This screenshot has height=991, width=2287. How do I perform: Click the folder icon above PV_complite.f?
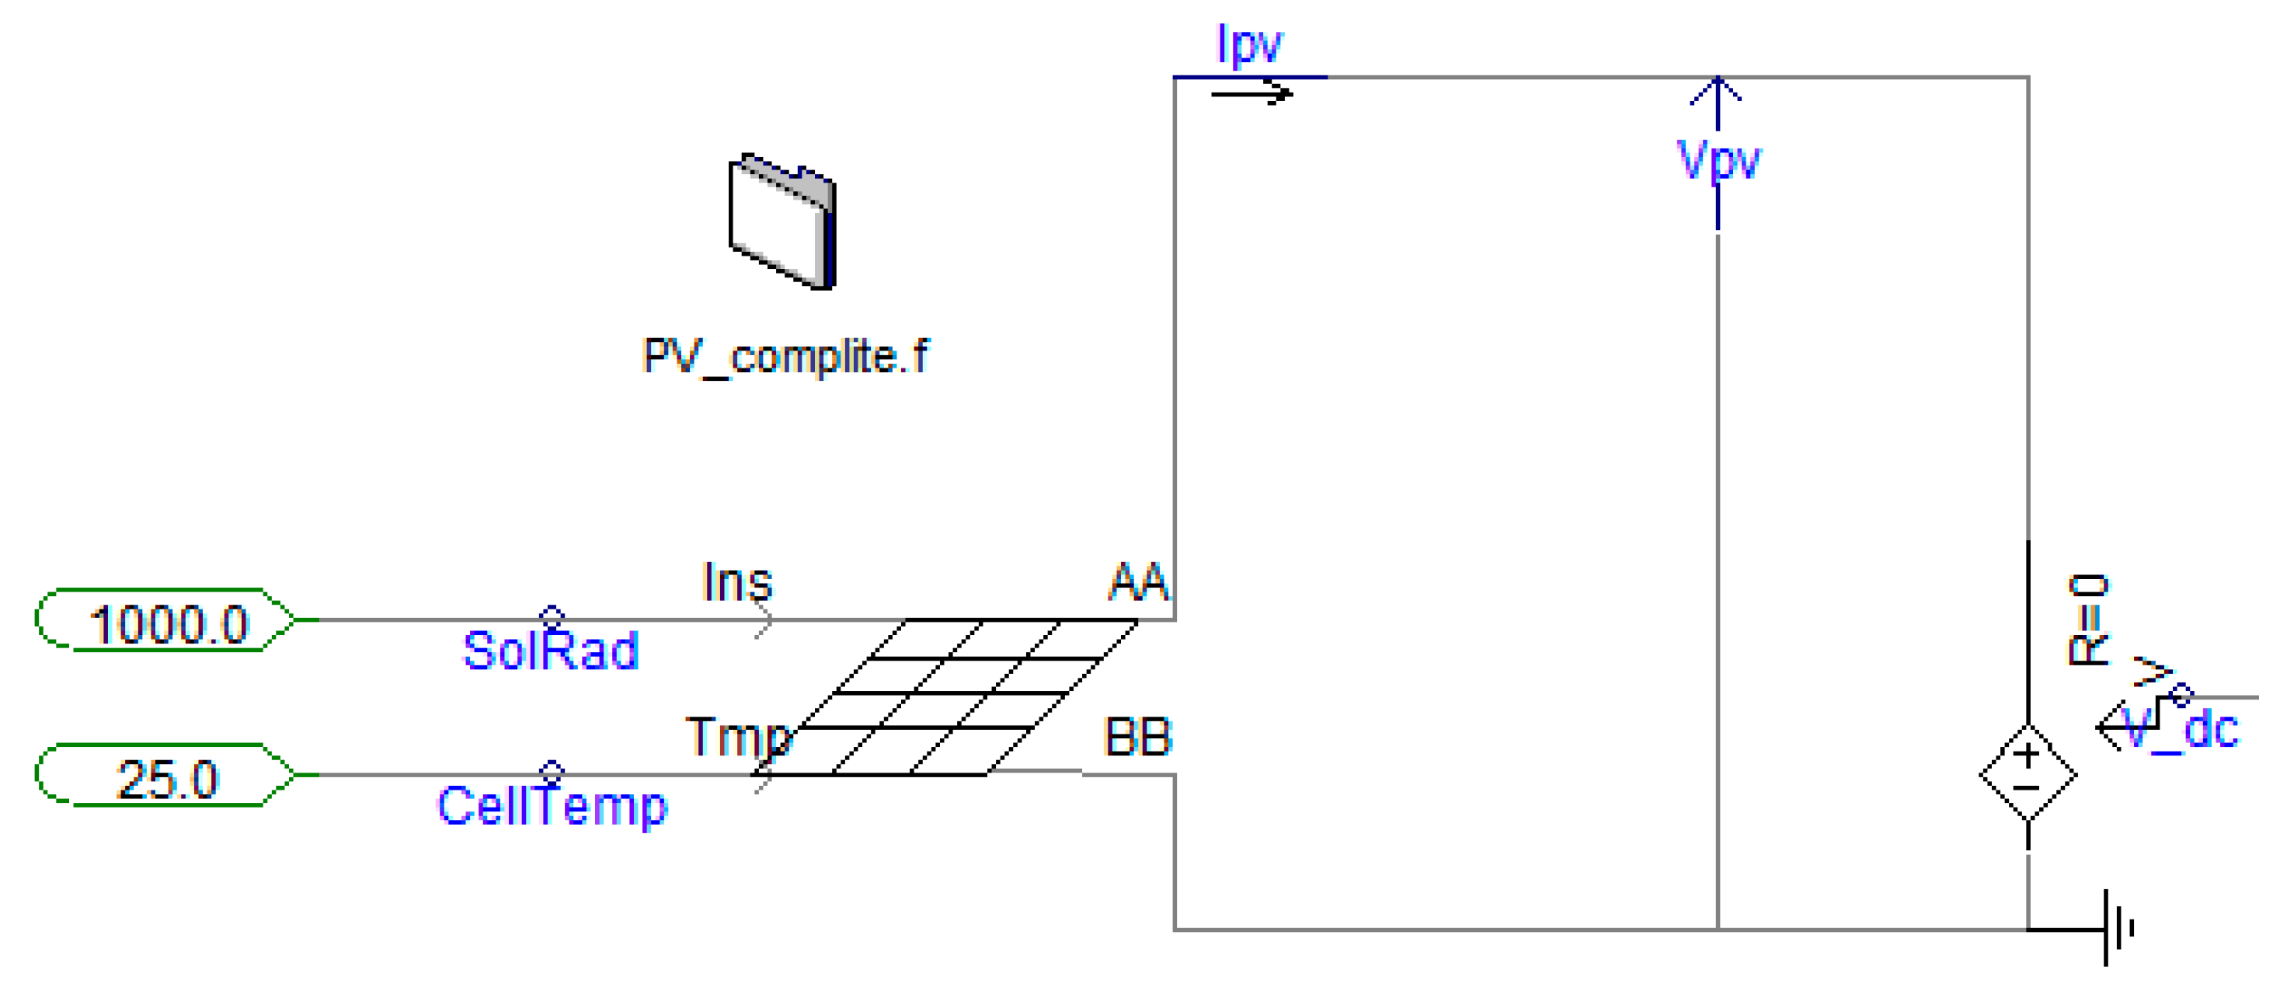pos(782,222)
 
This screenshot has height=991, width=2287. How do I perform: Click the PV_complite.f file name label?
pos(785,357)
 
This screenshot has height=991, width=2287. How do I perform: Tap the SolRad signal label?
pos(551,651)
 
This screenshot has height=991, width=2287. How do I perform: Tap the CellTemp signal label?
pos(552,806)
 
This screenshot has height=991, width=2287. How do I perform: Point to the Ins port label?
pos(737,584)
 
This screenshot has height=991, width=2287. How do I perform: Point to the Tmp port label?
pos(738,737)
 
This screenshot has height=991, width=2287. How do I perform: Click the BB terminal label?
pos(1137,737)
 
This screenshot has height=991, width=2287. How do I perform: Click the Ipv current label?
pos(1248,44)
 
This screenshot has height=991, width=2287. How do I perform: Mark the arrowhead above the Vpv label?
pos(1717,92)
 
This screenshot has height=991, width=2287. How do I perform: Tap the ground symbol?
pos(2117,929)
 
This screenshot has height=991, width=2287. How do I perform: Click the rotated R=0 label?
pos(2088,619)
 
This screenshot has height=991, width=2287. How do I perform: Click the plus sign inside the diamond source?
pos(2027,755)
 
